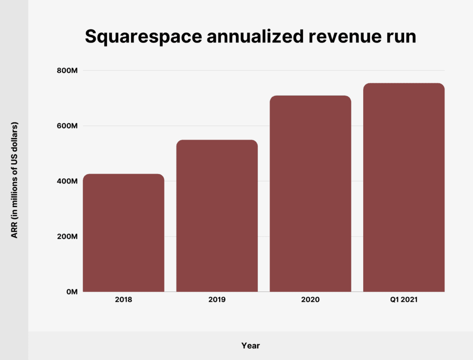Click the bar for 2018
(123, 233)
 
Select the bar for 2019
(217, 216)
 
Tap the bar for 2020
(310, 194)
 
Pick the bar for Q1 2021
(404, 187)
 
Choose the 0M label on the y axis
(71, 291)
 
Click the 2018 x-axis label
(123, 299)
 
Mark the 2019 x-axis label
(217, 299)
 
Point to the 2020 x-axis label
(310, 299)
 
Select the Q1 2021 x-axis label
(404, 299)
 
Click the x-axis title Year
(250, 346)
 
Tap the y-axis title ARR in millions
(15, 180)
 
